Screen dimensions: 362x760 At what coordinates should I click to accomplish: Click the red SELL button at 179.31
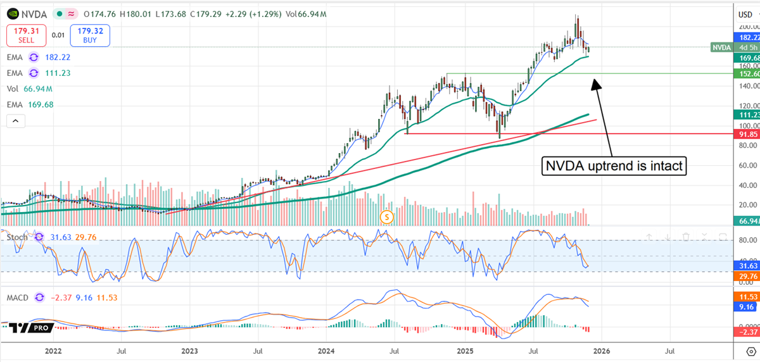coord(25,35)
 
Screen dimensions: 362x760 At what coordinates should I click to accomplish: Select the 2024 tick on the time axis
coord(326,349)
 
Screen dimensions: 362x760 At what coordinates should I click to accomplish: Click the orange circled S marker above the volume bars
coord(388,217)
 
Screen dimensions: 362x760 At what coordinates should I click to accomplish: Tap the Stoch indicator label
coord(18,237)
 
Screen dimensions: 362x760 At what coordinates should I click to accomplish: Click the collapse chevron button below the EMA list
coord(16,120)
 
